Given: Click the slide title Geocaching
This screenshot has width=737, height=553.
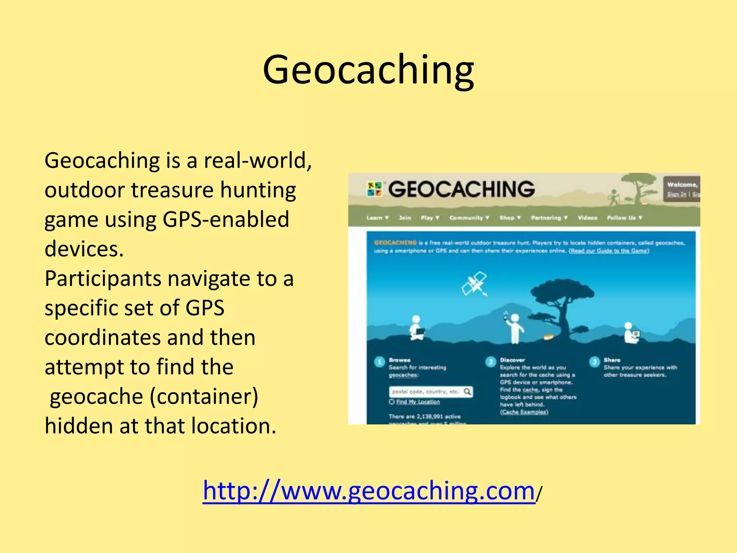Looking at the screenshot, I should tap(368, 70).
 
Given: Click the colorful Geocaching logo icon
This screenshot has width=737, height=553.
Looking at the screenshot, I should tap(374, 189).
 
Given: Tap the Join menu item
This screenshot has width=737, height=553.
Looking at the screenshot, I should tap(405, 218).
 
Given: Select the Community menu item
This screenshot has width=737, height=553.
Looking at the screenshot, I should tap(469, 218).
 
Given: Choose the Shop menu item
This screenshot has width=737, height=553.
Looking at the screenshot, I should tap(510, 218).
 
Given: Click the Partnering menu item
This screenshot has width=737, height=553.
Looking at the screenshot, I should tap(549, 218).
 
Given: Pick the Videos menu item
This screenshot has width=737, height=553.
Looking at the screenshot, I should tap(587, 218).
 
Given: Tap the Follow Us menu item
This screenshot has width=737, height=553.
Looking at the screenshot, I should tap(624, 218).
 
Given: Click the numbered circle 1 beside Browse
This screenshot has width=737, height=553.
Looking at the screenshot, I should tap(379, 362).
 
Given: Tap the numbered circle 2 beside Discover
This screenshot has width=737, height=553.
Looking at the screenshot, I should tap(490, 362).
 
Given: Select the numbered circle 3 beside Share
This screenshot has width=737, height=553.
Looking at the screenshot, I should tap(594, 362).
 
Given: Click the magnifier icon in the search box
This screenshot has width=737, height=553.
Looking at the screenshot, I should tap(467, 391).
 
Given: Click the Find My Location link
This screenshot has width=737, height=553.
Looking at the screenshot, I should tap(417, 402).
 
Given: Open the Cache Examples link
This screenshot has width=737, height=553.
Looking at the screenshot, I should tap(524, 412).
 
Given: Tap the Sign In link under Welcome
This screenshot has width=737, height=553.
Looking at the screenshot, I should tap(677, 194).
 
